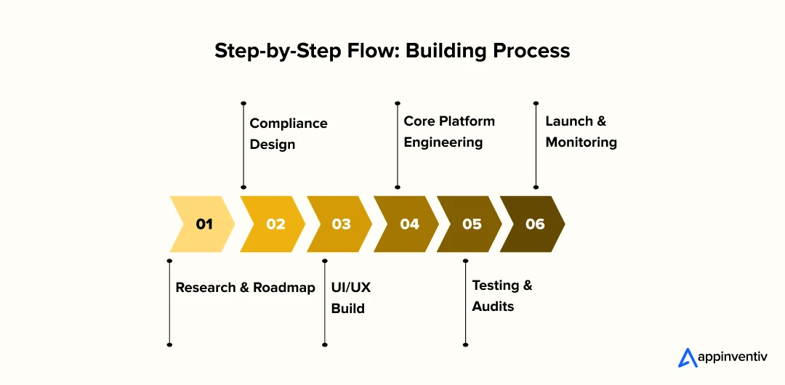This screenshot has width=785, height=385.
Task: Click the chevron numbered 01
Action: [203, 224]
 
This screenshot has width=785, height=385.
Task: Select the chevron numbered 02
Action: [273, 224]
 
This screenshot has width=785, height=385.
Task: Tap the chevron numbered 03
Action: [339, 224]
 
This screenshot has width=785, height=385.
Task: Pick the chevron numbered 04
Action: [406, 224]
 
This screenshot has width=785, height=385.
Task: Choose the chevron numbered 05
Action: [470, 224]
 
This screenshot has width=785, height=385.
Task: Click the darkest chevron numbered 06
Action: [533, 224]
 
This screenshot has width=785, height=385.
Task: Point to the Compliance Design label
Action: [289, 134]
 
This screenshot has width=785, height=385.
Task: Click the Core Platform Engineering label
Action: [449, 131]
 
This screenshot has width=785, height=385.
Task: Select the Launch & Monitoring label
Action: [581, 131]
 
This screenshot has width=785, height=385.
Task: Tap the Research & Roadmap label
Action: [246, 288]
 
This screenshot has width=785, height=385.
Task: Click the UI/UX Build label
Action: [351, 298]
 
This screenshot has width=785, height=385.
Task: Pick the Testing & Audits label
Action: [502, 296]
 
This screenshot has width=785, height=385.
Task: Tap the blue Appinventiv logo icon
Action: [686, 357]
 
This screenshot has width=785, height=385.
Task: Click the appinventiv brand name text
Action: [732, 357]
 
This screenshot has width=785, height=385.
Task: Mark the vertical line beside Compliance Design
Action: [243, 145]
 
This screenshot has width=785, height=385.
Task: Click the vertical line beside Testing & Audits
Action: [466, 302]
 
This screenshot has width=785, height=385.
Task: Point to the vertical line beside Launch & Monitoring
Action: [536, 145]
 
